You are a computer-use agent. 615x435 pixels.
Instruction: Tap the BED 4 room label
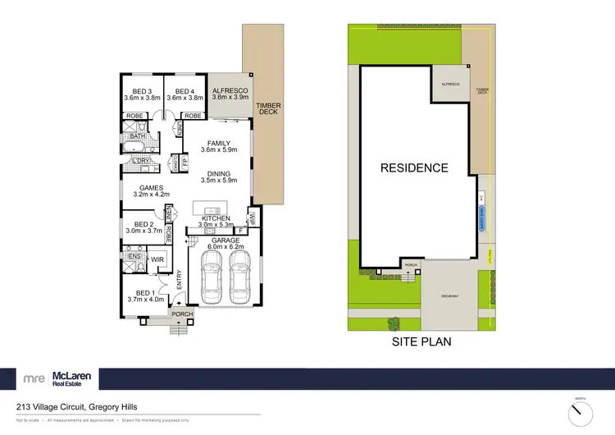[184, 90]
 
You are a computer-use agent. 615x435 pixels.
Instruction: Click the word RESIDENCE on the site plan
[414, 168]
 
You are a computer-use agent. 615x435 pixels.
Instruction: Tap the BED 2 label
[144, 224]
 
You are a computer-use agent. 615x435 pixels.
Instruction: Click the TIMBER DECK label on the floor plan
[267, 108]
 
